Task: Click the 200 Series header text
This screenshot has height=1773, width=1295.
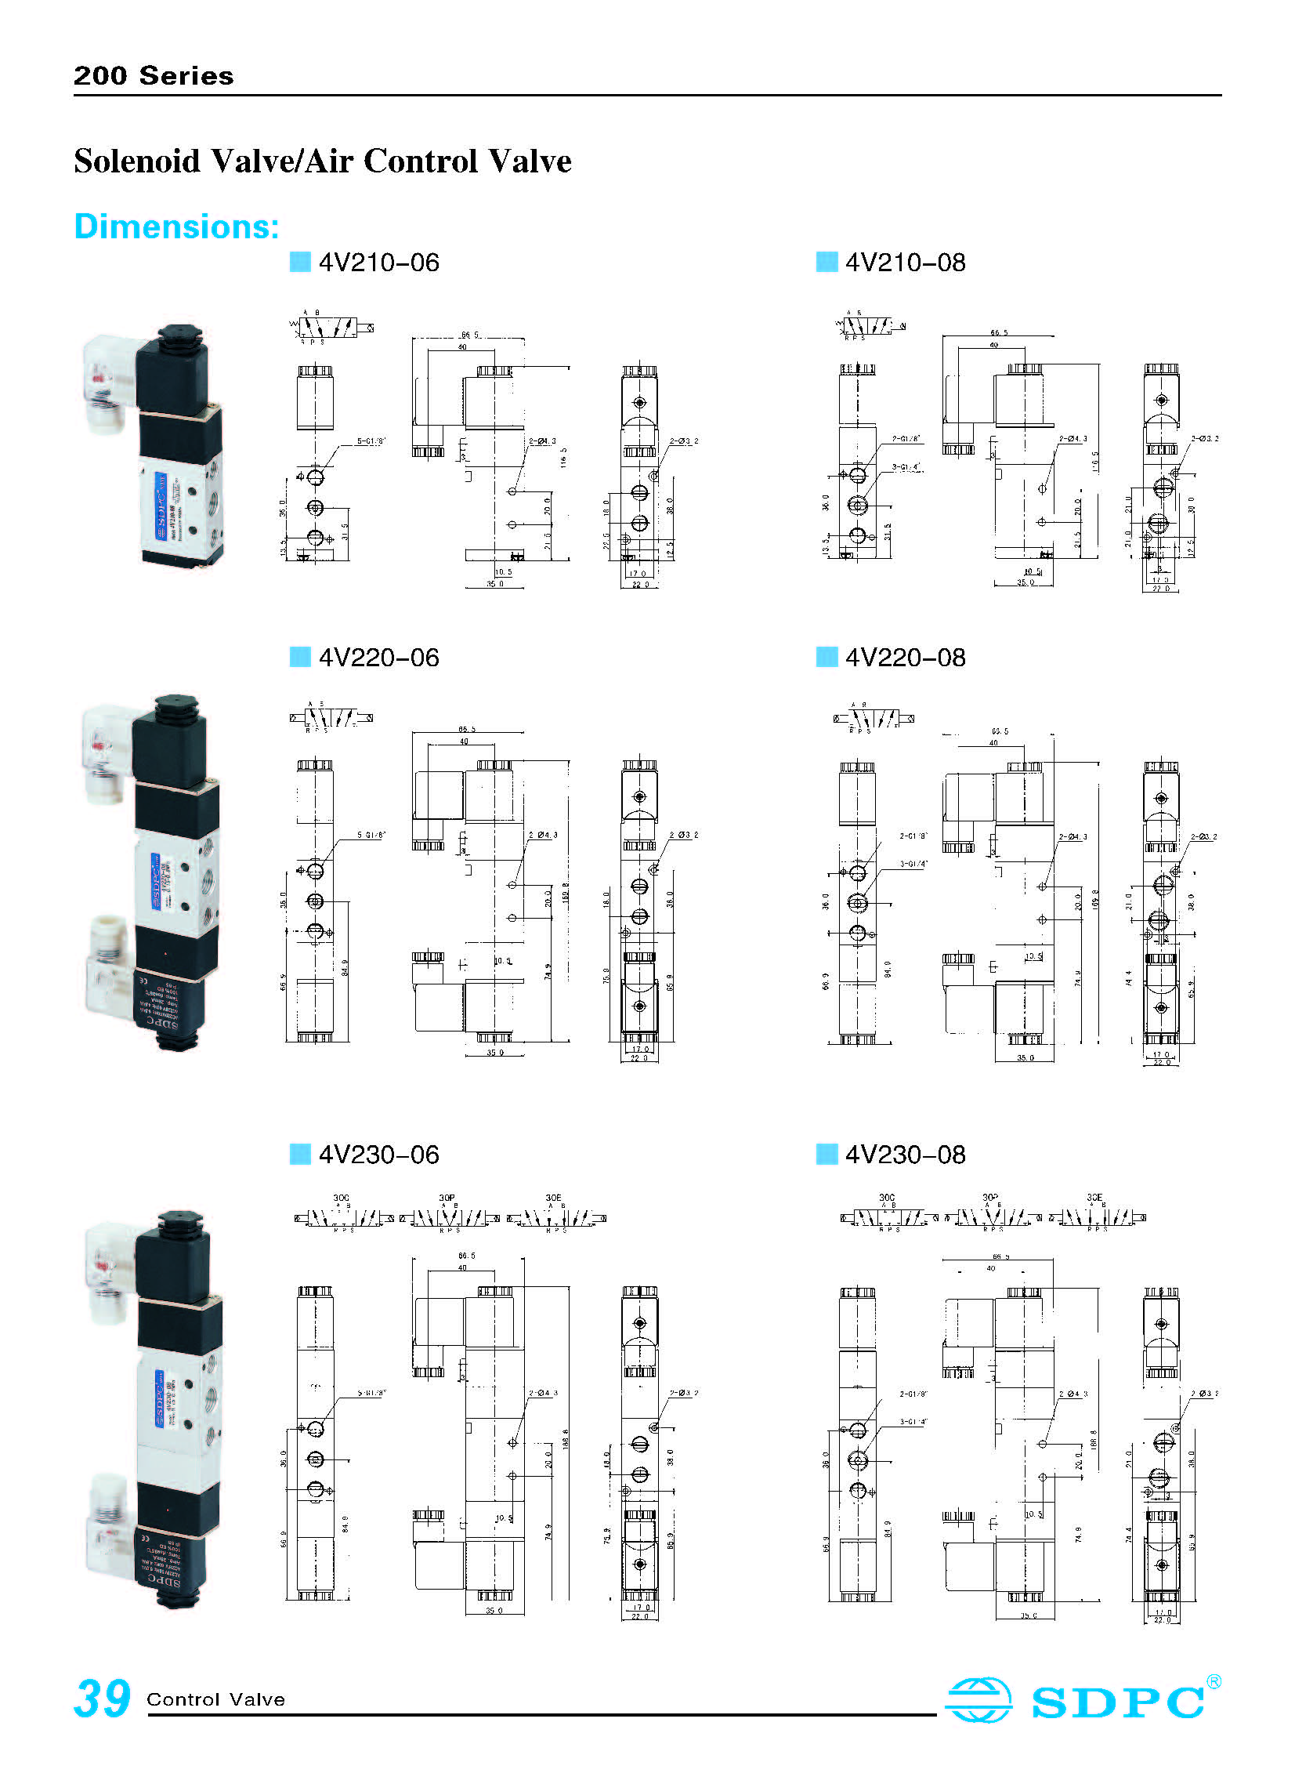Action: point(154,75)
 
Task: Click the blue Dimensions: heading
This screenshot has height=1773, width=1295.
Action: point(176,227)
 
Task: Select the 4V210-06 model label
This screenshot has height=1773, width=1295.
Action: point(378,262)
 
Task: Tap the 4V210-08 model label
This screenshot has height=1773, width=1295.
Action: point(905,262)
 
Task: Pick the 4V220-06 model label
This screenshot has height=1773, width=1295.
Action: point(378,657)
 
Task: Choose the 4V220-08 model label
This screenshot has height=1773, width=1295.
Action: point(905,657)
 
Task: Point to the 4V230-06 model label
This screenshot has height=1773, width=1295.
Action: point(378,1155)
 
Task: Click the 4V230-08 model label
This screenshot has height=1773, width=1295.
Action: point(905,1155)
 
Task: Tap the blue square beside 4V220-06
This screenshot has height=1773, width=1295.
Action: point(300,657)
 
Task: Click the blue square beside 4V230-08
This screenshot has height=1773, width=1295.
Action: point(827,1155)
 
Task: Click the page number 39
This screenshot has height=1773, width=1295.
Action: point(102,1699)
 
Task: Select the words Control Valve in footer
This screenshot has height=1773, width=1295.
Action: point(215,1700)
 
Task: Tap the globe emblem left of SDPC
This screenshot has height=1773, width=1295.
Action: point(978,1700)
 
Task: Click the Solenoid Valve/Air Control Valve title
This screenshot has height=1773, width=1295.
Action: point(322,161)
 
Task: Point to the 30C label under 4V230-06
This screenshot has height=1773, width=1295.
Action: point(341,1198)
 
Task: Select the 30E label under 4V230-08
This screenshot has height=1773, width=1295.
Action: point(1094,1198)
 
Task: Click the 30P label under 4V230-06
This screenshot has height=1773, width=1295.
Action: point(447,1198)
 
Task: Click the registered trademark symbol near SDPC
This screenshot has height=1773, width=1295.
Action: point(1214,1681)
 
